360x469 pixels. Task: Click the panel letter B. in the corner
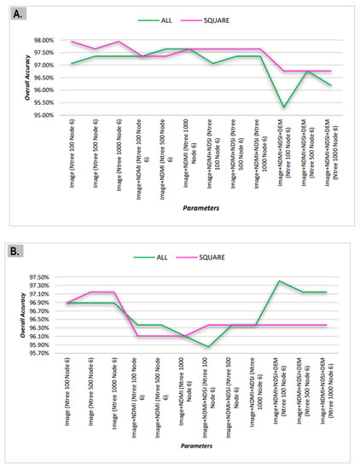[x=16, y=252]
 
